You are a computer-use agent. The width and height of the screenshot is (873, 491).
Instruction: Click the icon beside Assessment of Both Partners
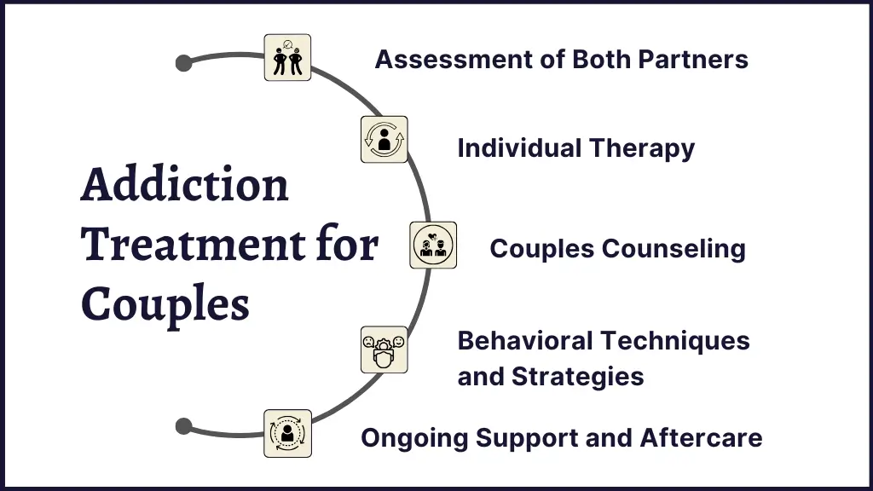click(x=287, y=57)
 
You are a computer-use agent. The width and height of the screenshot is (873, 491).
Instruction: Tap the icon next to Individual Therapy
click(x=384, y=139)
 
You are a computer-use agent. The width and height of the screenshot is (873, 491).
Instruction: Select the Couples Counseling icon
click(x=433, y=245)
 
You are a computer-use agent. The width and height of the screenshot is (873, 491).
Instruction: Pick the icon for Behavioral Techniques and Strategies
click(x=384, y=349)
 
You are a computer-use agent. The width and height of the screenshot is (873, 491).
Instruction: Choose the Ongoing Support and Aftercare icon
click(x=287, y=434)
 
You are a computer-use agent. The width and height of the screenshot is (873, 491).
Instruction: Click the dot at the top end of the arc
click(x=184, y=63)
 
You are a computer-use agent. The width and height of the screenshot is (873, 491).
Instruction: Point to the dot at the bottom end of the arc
click(x=184, y=426)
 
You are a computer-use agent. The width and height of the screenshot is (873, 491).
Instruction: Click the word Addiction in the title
click(x=185, y=184)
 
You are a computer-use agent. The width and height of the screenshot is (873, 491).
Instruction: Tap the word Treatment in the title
click(x=194, y=244)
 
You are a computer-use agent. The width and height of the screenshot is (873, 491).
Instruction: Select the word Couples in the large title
click(x=165, y=306)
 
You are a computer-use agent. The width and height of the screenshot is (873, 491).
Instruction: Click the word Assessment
click(x=454, y=60)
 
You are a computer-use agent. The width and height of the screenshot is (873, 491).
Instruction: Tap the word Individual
click(x=519, y=148)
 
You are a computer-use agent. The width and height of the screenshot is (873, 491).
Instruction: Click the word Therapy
click(x=642, y=149)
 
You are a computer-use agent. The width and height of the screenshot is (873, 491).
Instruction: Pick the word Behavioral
click(x=525, y=341)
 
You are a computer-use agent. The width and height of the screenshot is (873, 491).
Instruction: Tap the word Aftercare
click(x=701, y=437)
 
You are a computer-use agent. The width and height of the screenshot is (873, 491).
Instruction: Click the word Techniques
click(x=675, y=341)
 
